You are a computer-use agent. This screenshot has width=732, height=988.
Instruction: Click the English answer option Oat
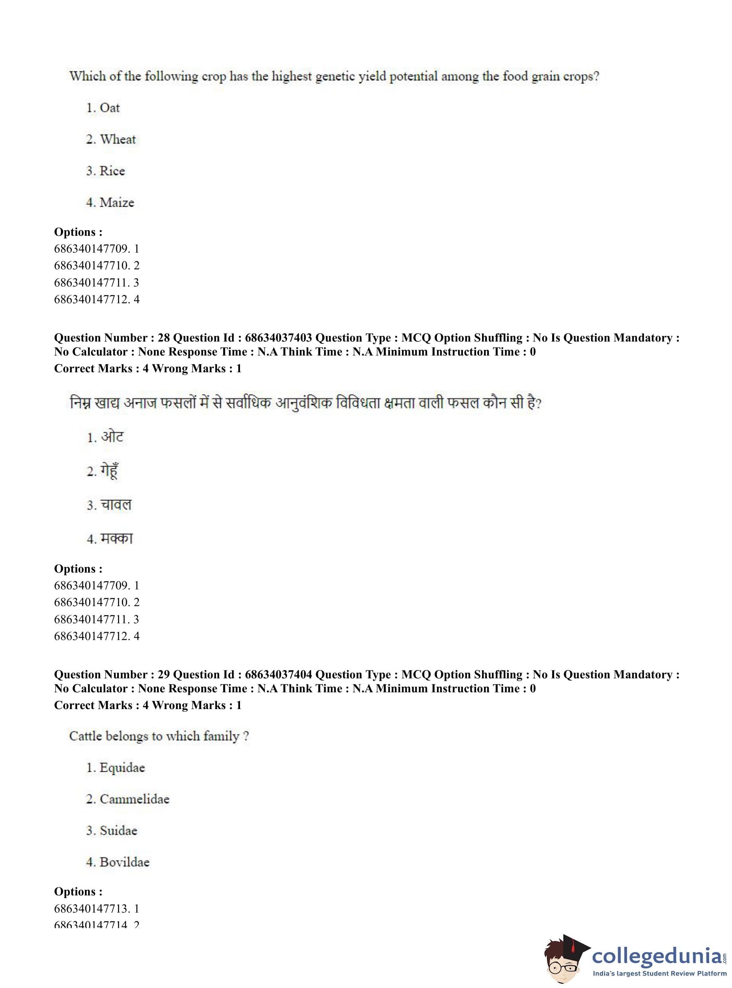[x=110, y=108]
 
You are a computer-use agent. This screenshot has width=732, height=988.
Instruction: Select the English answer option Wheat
[x=118, y=139]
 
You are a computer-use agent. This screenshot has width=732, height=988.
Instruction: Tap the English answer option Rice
[x=112, y=171]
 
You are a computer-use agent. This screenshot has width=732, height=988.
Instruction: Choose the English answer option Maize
[x=116, y=203]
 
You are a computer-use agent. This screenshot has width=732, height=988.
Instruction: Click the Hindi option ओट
[x=112, y=437]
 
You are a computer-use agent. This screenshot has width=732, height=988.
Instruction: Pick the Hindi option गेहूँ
[x=109, y=470]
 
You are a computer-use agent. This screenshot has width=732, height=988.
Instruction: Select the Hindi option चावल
[x=116, y=505]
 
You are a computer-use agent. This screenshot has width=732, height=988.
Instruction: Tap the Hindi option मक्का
[x=116, y=538]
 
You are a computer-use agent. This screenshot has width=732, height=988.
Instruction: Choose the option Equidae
[x=122, y=768]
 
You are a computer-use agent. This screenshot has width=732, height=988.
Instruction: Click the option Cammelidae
[x=134, y=799]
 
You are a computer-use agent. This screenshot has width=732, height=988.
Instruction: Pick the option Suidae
[x=118, y=830]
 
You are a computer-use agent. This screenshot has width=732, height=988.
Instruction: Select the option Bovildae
[x=124, y=862]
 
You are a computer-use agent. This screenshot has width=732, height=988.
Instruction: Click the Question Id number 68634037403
[x=278, y=338]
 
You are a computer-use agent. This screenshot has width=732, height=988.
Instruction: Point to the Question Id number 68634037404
[x=278, y=674]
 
